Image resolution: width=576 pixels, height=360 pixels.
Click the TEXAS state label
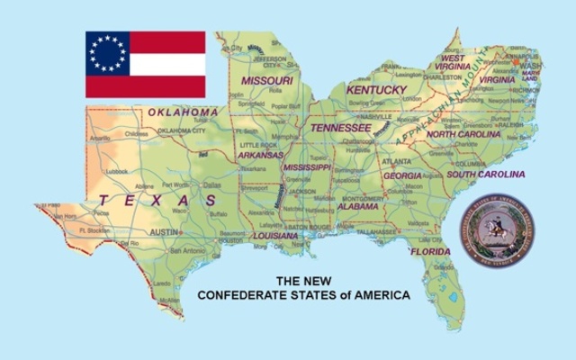pyautogui.click(x=157, y=200)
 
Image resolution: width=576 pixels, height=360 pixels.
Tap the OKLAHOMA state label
pyautogui.click(x=183, y=112)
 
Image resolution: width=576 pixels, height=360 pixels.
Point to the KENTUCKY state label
pyautogui.click(x=376, y=90)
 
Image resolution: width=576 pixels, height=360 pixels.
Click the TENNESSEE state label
pyautogui.click(x=341, y=128)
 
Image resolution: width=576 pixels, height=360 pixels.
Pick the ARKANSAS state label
pyautogui.click(x=260, y=155)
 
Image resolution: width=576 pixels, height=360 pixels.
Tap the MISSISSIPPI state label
pyautogui.click(x=308, y=167)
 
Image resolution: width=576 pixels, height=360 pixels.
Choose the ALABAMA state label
pyautogui.click(x=358, y=206)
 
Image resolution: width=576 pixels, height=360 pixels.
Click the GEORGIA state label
pyautogui.click(x=402, y=175)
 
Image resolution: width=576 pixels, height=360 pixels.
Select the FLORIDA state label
pyautogui.click(x=430, y=251)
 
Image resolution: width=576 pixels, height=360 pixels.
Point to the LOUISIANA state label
pyautogui.click(x=274, y=236)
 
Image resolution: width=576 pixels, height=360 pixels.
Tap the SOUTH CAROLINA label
pyautogui.click(x=486, y=174)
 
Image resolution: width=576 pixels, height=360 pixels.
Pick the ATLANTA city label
pyautogui.click(x=396, y=161)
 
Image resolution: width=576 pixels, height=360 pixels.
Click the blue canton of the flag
pyautogui.click(x=107, y=53)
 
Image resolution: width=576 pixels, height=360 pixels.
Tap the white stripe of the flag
pyautogui.click(x=167, y=64)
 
